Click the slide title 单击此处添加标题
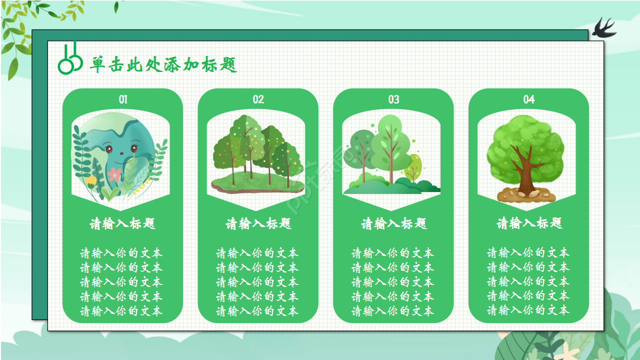(x=163, y=65)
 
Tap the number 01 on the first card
(x=123, y=99)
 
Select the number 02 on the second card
(x=258, y=99)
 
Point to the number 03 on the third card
(x=393, y=99)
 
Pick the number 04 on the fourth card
(x=529, y=99)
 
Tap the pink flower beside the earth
(x=115, y=174)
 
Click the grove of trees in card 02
(x=257, y=150)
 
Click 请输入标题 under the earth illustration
(x=123, y=223)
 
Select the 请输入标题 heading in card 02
(x=258, y=223)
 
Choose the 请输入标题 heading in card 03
(x=393, y=223)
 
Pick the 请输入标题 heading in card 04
(x=529, y=223)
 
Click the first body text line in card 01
(x=121, y=253)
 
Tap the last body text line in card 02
(x=257, y=311)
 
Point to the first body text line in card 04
(x=528, y=253)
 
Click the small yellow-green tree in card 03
(x=413, y=167)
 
